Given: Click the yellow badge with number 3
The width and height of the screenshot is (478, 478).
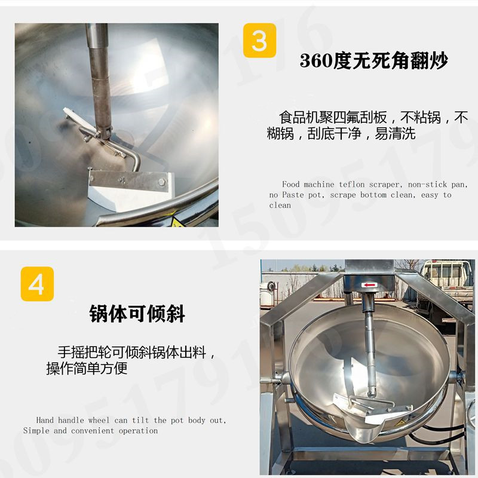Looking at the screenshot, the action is tap(259, 40).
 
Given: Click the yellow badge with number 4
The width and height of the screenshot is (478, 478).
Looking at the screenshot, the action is tap(37, 284).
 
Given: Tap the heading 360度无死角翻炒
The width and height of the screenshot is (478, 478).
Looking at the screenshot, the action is tap(374, 60).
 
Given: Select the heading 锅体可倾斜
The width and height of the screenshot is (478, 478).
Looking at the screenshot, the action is tap(137, 313).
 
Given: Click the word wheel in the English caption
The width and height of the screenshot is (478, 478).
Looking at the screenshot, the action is tap(99, 420).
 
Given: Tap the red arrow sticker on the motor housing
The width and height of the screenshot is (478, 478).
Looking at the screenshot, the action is tap(369, 285).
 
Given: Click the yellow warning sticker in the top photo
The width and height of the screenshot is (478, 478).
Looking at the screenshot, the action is tap(176, 222).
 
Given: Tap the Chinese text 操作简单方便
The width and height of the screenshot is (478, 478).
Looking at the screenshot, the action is tap(87, 368).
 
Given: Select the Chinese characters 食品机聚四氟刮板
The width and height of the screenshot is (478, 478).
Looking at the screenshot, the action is tap(333, 117).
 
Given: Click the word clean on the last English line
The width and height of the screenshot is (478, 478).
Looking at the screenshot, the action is tap(280, 206).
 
